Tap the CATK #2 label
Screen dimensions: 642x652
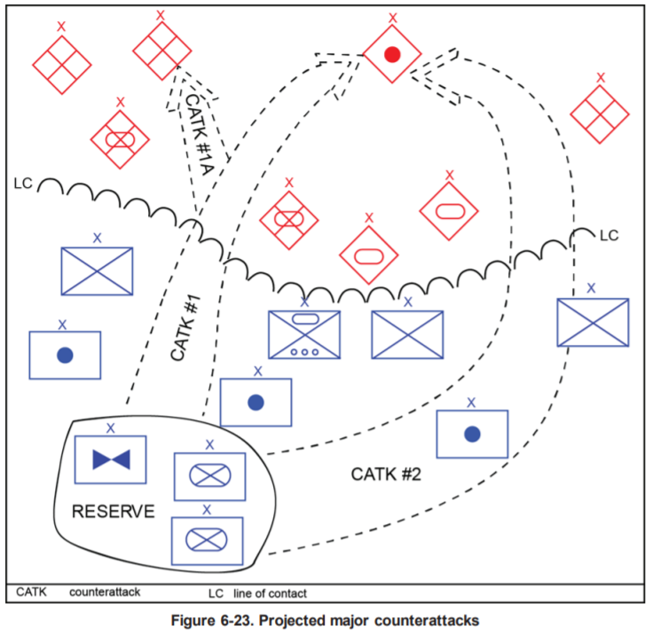385,474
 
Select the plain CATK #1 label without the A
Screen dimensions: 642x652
186,325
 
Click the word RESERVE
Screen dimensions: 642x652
113,512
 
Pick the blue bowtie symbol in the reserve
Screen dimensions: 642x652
111,458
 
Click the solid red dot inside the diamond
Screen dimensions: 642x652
391,55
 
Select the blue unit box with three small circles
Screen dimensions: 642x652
304,334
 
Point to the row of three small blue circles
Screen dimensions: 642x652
304,350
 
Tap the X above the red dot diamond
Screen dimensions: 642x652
391,17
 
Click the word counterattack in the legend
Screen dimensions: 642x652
106,591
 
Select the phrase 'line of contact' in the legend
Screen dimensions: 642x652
270,592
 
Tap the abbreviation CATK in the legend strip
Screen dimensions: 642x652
31,591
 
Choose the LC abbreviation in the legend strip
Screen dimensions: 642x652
216,592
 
